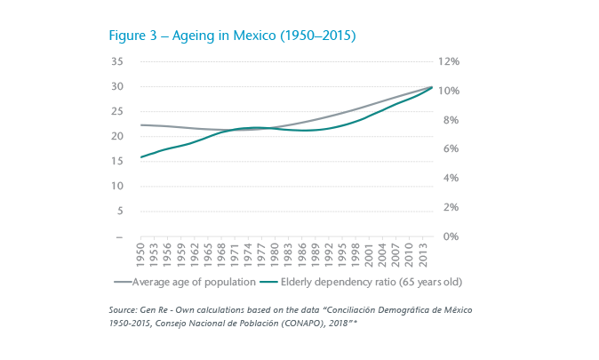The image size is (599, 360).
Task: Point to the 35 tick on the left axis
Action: coord(116,61)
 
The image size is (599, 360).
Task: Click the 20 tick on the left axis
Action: coord(116,136)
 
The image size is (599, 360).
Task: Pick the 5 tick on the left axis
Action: coord(119,212)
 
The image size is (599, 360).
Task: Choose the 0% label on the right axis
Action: coord(446,236)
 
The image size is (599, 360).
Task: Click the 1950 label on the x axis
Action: coord(140,254)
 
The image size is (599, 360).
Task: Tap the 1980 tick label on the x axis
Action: coord(275,254)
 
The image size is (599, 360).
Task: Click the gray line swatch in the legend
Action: coord(123,282)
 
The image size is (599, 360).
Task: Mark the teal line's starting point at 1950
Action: coord(140,157)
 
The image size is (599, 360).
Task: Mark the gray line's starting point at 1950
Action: coord(140,125)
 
